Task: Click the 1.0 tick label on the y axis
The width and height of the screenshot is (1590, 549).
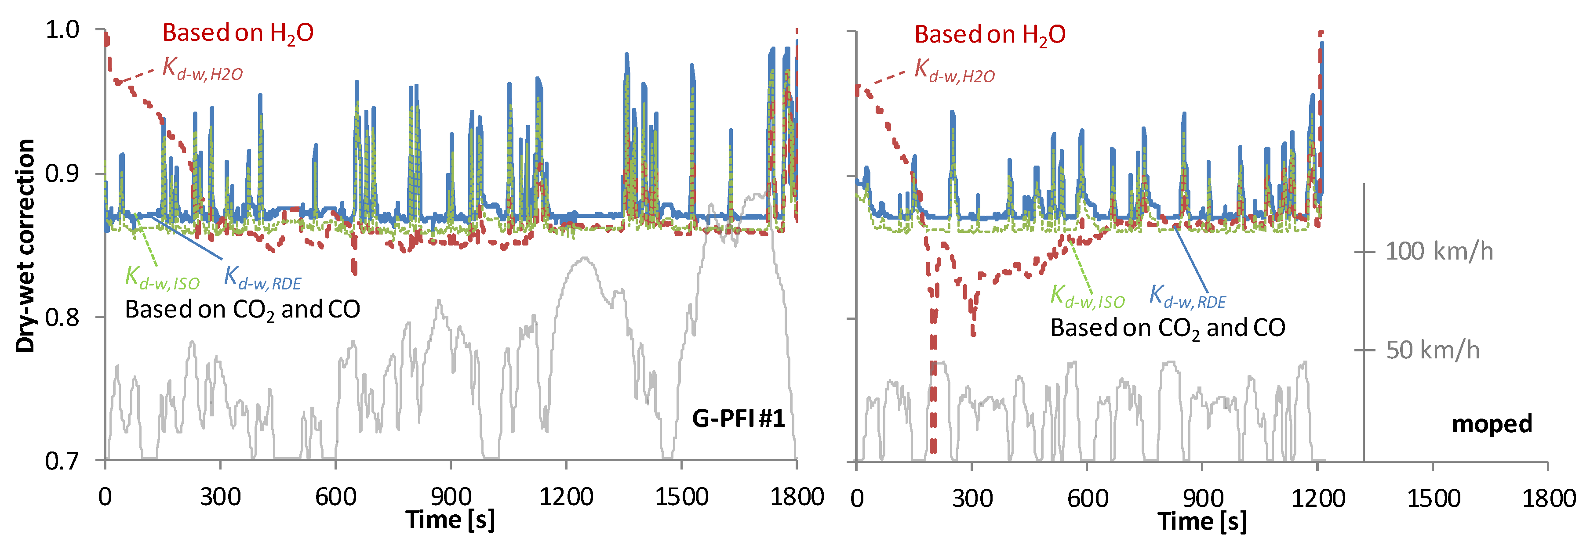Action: (62, 29)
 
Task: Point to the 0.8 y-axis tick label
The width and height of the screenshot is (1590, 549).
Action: (62, 318)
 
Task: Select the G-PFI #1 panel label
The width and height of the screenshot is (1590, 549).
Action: (738, 419)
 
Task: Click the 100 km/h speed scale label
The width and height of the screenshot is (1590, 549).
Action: (1439, 252)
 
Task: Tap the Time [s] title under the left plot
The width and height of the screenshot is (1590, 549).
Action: (451, 520)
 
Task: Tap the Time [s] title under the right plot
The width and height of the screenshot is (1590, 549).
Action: (1202, 521)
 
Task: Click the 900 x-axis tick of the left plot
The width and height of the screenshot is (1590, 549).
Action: (451, 497)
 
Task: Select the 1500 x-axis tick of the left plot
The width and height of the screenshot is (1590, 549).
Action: (681, 497)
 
